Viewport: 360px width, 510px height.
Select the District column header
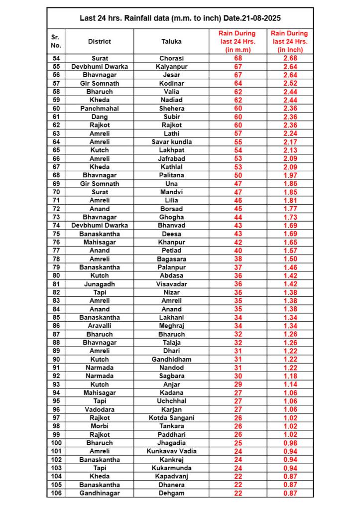click(100, 41)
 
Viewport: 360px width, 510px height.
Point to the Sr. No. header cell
click(56, 41)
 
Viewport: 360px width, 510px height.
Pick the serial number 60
click(56, 109)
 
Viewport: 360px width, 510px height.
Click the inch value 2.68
click(291, 58)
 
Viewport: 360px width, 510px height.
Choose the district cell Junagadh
click(100, 284)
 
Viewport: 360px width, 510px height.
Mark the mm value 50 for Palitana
click(238, 175)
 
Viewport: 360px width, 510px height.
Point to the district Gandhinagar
click(100, 493)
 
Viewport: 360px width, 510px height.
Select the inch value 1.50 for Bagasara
click(291, 259)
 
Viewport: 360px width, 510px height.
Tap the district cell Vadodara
click(100, 409)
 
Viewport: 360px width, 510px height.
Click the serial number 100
click(56, 443)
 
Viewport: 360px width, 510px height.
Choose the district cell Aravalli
click(100, 326)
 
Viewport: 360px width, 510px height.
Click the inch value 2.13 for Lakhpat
click(291, 150)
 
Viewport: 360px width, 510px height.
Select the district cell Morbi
click(100, 426)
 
